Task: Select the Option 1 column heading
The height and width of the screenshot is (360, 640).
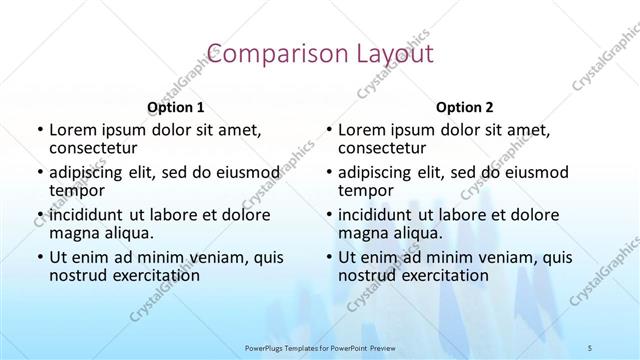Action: (x=175, y=106)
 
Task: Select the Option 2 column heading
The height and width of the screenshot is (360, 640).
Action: (x=465, y=106)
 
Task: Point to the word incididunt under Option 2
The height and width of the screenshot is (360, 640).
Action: (x=380, y=214)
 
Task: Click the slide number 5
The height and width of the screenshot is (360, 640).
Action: (x=590, y=347)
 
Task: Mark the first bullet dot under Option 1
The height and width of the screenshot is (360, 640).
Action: (x=39, y=130)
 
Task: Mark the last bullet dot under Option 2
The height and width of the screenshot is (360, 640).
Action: (x=329, y=257)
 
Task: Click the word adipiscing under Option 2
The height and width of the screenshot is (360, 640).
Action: (x=379, y=171)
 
